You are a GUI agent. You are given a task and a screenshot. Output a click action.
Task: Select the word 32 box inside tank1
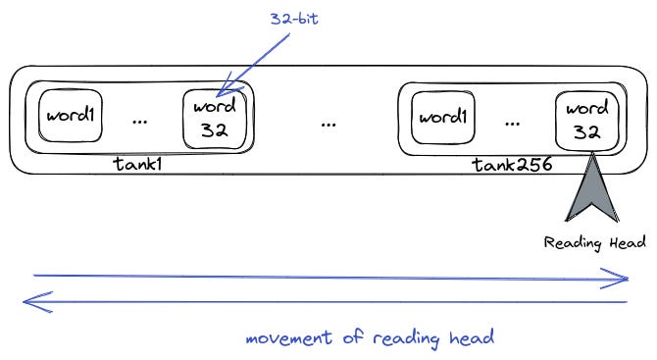tap(215, 119)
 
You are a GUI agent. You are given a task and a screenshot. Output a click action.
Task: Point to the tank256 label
tap(512, 166)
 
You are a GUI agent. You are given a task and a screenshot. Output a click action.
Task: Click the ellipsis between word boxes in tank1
tap(141, 123)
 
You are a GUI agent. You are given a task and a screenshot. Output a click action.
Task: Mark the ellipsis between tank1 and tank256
tap(328, 124)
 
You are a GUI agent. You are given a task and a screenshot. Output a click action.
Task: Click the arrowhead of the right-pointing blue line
tap(620, 281)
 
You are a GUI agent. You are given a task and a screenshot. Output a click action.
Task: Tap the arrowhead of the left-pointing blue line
tap(31, 302)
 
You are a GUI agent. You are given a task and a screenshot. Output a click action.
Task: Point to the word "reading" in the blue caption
tap(402, 340)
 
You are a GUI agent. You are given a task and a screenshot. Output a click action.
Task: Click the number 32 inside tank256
tap(586, 132)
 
